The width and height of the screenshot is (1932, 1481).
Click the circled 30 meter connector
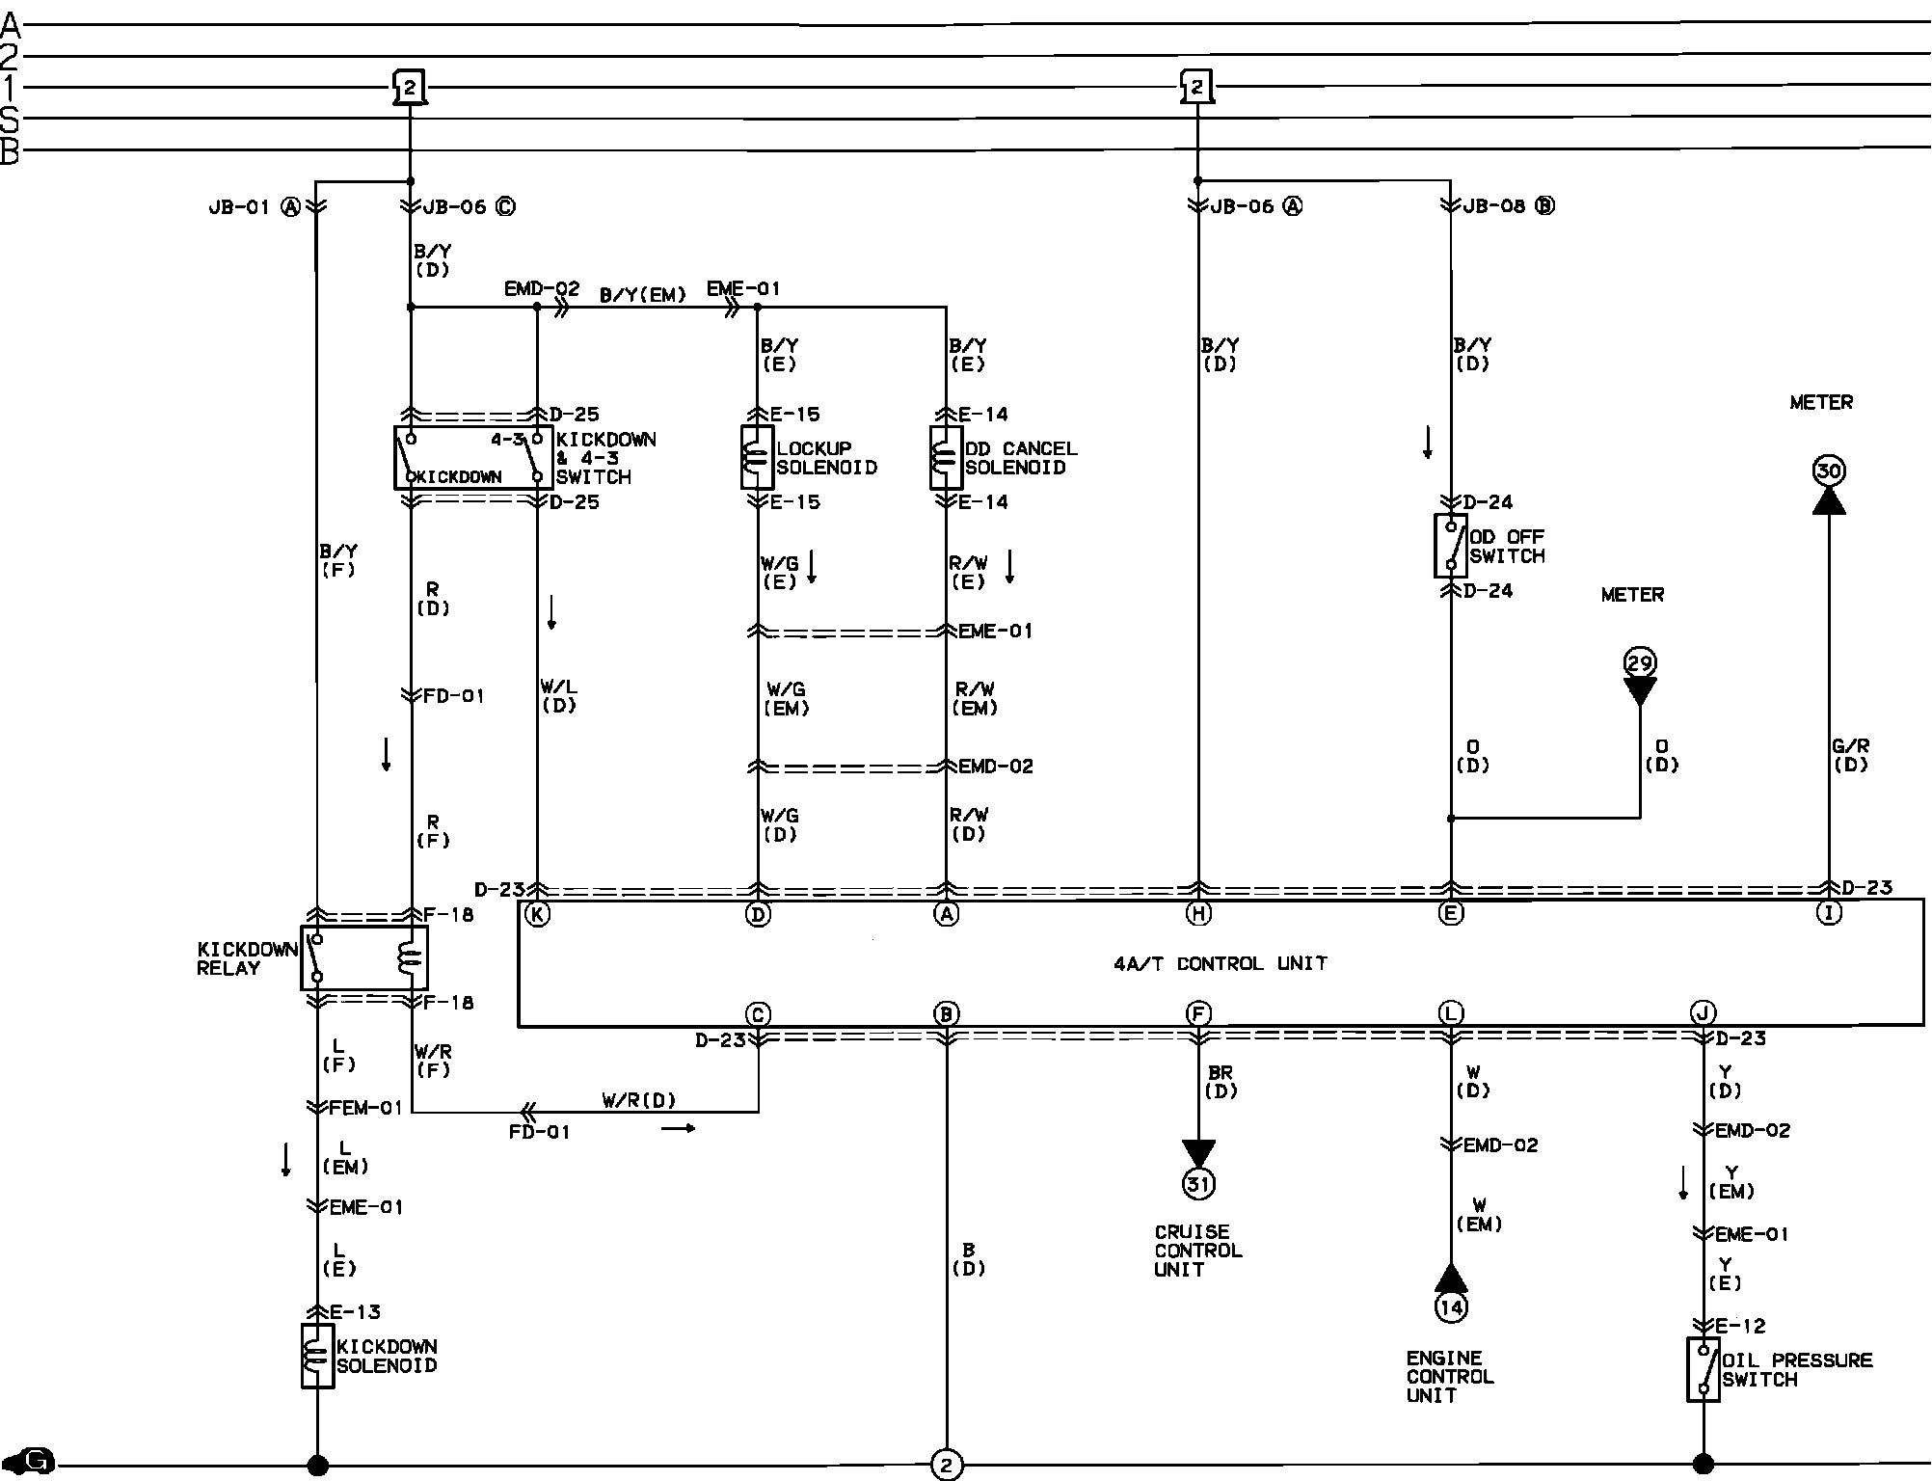pyautogui.click(x=1829, y=471)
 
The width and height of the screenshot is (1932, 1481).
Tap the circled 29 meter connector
pyautogui.click(x=1640, y=663)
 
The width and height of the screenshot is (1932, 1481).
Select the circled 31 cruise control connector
pyautogui.click(x=1198, y=1183)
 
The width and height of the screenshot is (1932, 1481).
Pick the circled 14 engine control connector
pyautogui.click(x=1451, y=1306)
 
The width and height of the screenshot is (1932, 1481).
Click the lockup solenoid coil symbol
pyautogui.click(x=757, y=457)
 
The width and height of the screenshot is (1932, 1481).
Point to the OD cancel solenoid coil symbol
pyautogui.click(x=946, y=457)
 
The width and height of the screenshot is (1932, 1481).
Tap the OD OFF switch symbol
pyautogui.click(x=1451, y=546)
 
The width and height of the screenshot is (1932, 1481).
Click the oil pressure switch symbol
pyautogui.click(x=1704, y=1369)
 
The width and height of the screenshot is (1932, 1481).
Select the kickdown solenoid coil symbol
pyautogui.click(x=317, y=1356)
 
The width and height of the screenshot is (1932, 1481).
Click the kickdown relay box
pyautogui.click(x=363, y=957)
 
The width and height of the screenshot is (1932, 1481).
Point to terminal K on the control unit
pyautogui.click(x=537, y=914)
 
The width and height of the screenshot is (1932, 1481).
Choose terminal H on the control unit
pyautogui.click(x=1198, y=914)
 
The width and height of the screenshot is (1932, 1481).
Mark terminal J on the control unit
pyautogui.click(x=1704, y=1013)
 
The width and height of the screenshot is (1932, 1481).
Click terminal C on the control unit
pyautogui.click(x=758, y=1013)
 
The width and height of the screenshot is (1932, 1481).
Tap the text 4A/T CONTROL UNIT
pyautogui.click(x=1220, y=963)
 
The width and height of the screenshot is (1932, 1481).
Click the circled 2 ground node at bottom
pyautogui.click(x=946, y=1465)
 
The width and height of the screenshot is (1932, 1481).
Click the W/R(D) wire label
pyautogui.click(x=639, y=1100)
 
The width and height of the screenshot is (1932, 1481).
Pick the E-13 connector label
pyautogui.click(x=355, y=1311)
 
